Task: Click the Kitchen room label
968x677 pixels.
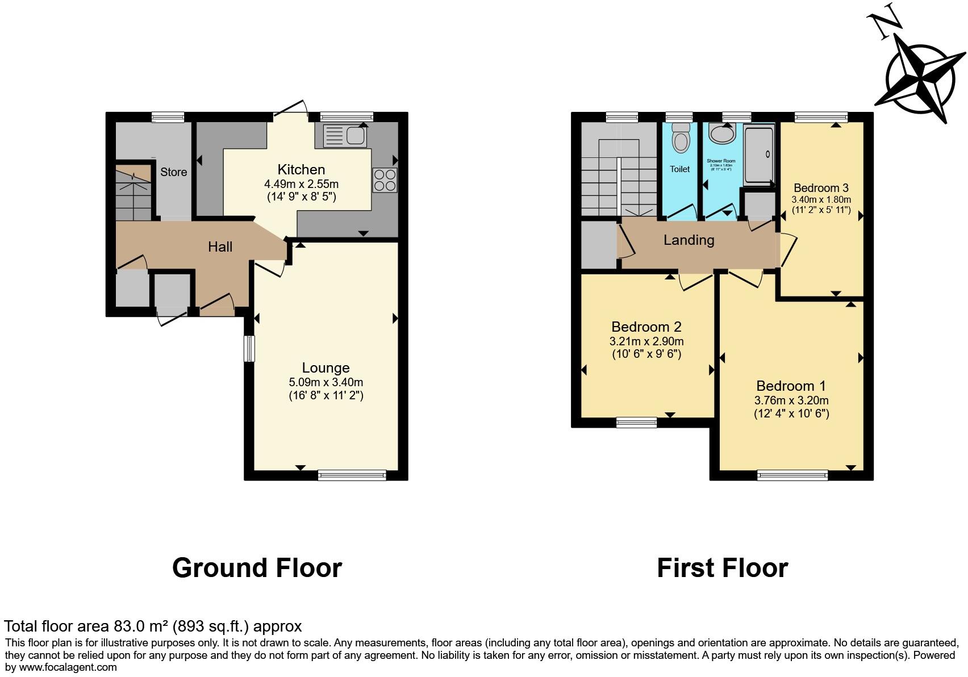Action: click(301, 169)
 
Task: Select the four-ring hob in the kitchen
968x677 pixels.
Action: click(385, 180)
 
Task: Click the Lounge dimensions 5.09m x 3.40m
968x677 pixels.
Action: click(326, 382)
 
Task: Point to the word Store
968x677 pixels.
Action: click(173, 172)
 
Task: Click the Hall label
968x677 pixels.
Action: click(220, 246)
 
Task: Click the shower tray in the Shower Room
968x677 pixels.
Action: click(759, 154)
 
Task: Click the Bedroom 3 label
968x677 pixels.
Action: click(821, 188)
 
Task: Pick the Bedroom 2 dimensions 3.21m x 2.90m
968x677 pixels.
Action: click(646, 341)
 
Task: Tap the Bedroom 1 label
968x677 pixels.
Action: click(791, 386)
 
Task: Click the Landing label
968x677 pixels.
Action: click(689, 240)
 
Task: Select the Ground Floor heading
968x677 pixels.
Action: click(257, 568)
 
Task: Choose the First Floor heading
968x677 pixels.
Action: click(722, 568)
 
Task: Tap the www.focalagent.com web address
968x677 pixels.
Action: click(68, 667)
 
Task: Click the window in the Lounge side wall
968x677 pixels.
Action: click(249, 348)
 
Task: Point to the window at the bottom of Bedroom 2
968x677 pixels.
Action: click(636, 422)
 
